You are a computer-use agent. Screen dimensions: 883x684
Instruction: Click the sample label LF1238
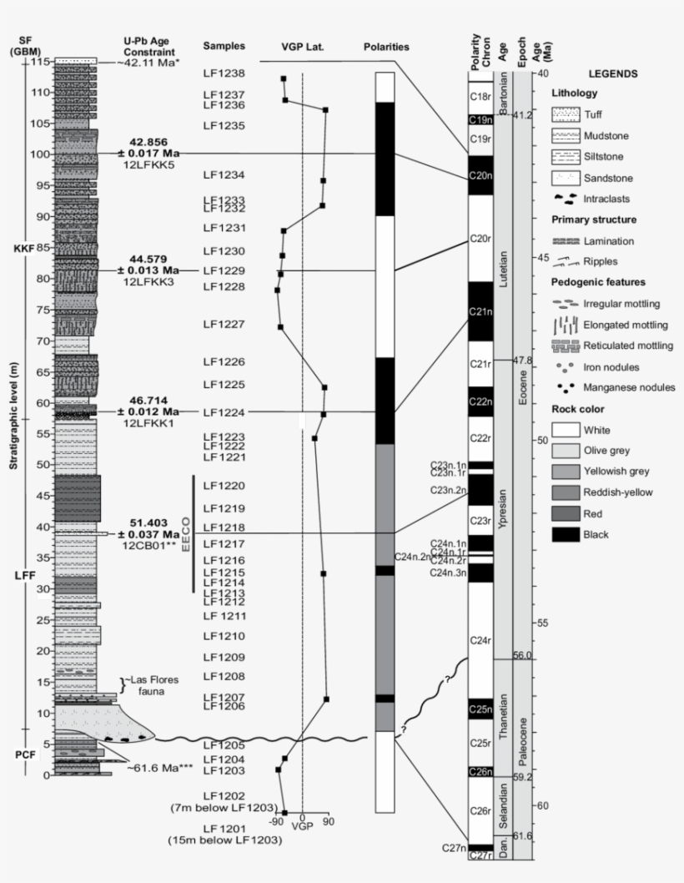pos(224,73)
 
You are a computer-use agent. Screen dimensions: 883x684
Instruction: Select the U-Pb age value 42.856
pos(148,142)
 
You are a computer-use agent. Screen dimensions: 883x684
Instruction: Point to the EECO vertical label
pos(186,533)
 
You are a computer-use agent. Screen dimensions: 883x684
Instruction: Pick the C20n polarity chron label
pos(480,175)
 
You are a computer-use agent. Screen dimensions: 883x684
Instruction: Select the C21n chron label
pos(480,311)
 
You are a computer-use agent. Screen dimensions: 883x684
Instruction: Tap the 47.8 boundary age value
pos(522,361)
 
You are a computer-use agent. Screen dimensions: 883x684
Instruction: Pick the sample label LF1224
pos(224,411)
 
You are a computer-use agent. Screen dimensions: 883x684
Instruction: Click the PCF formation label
pos(26,754)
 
